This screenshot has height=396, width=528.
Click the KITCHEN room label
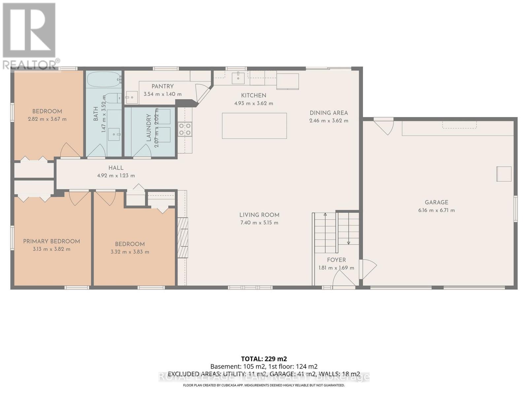pyautogui.click(x=253, y=95)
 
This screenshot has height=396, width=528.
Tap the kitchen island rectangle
pyautogui.click(x=254, y=126)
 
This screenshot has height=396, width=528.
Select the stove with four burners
pyautogui.click(x=185, y=129)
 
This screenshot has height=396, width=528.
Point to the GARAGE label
pyautogui.click(x=436, y=202)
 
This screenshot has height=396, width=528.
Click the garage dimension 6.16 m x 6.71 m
pyautogui.click(x=436, y=210)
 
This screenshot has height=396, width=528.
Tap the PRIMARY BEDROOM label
pyautogui.click(x=51, y=241)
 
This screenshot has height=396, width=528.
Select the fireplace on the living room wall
pyautogui.click(x=183, y=238)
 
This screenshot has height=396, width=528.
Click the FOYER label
pyautogui.click(x=336, y=260)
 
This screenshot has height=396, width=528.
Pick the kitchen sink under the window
pyautogui.click(x=238, y=78)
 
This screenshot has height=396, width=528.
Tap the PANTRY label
pyautogui.click(x=162, y=86)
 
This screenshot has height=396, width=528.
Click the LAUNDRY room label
pyautogui.click(x=148, y=128)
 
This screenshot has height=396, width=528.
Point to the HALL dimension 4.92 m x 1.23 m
pyautogui.click(x=116, y=176)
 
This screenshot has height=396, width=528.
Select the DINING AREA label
pyautogui.click(x=329, y=113)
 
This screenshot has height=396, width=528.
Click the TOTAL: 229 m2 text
pyautogui.click(x=264, y=359)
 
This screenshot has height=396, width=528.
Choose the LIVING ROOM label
pyautogui.click(x=259, y=215)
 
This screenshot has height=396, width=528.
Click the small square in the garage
pyautogui.click(x=504, y=174)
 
